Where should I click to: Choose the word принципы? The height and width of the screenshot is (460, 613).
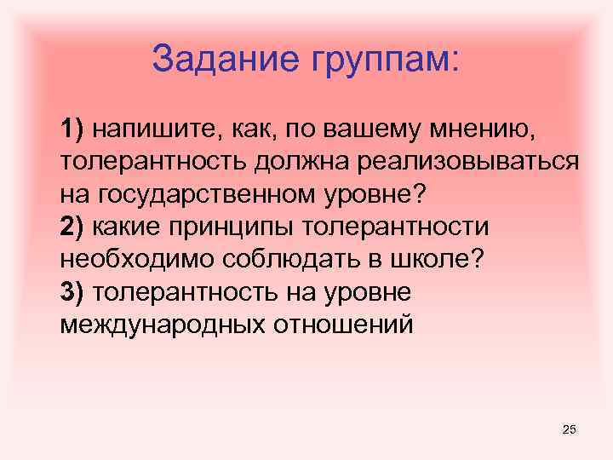pyautogui.click(x=224, y=227)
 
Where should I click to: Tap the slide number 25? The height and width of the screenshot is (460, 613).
pyautogui.click(x=570, y=429)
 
